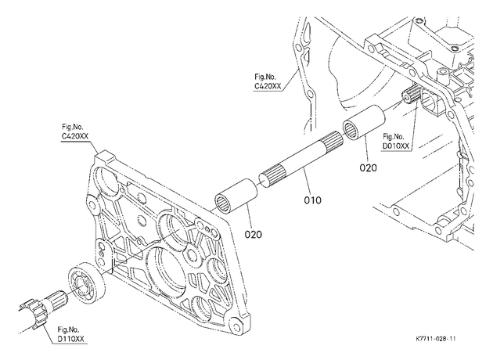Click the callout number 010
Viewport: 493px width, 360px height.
(x=312, y=200)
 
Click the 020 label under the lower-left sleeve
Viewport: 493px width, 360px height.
(x=254, y=234)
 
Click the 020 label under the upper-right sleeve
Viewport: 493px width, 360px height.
(x=368, y=168)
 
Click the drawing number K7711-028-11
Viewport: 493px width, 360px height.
(x=435, y=339)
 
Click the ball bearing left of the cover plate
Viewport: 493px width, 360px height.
(x=87, y=283)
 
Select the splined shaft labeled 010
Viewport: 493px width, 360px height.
(x=301, y=160)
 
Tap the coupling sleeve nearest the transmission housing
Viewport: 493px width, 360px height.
(x=364, y=122)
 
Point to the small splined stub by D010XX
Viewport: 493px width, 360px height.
(x=410, y=95)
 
